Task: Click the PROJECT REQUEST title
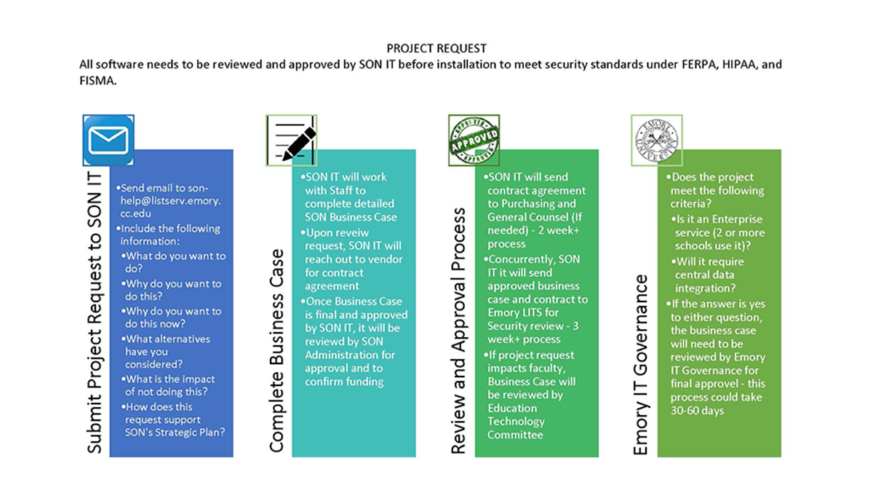[436, 48]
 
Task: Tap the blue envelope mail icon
[108, 141]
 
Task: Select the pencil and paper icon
[292, 141]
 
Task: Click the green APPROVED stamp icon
[474, 141]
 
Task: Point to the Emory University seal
[657, 141]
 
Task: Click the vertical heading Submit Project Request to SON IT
[95, 312]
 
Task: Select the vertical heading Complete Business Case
[276, 350]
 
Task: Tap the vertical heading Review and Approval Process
[458, 331]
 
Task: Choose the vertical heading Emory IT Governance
[641, 365]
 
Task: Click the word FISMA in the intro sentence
[97, 81]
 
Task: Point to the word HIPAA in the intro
[739, 64]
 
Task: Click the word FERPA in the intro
[700, 64]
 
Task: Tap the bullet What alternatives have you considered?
[167, 352]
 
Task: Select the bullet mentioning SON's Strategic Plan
[173, 419]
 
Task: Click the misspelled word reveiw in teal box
[352, 233]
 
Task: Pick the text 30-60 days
[697, 411]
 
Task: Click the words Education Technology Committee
[516, 422]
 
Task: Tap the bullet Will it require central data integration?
[707, 275]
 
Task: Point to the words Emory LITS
[523, 313]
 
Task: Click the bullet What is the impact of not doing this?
[167, 385]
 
